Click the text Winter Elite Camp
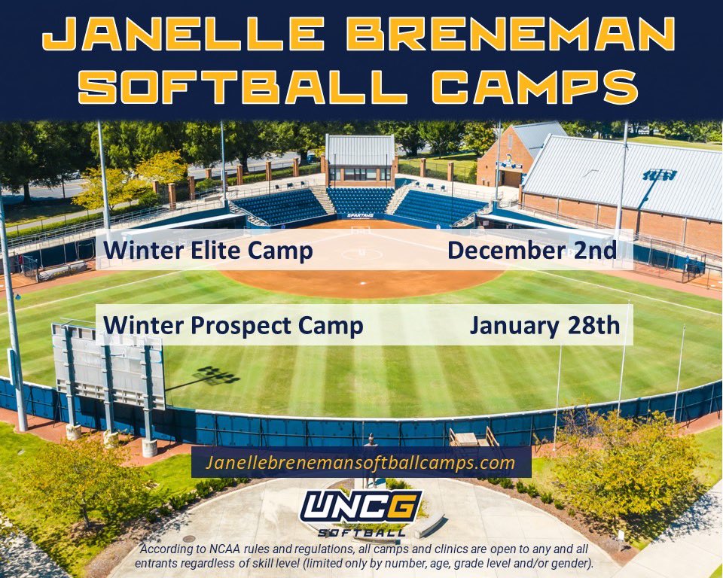coord(209,250)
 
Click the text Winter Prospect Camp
coord(233,325)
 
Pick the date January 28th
coord(545,325)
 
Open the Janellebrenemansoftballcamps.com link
coord(361,462)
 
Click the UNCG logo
coord(361,506)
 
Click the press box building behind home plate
coord(360,160)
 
